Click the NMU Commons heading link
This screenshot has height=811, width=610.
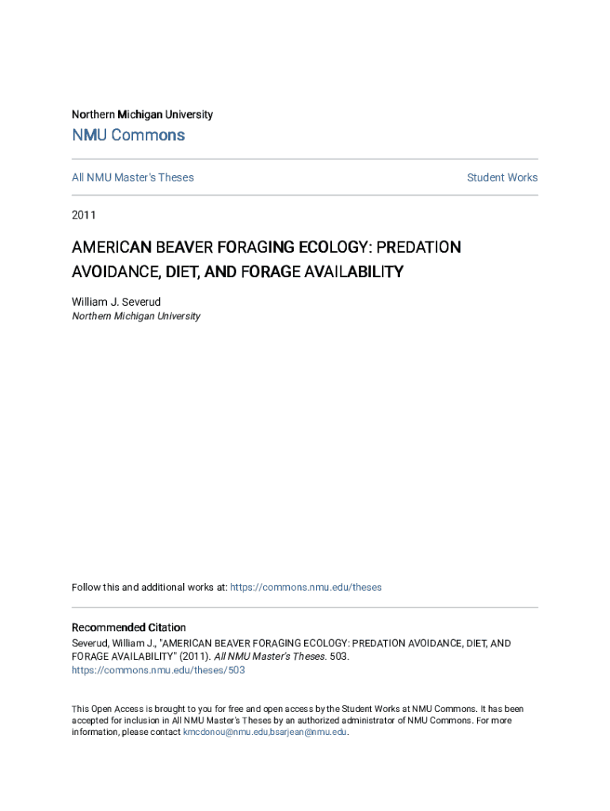(128, 135)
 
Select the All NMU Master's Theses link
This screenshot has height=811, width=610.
(132, 177)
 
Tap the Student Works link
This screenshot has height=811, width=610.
(502, 177)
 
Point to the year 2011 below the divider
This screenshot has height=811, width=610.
(84, 214)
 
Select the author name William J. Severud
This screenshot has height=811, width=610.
(116, 302)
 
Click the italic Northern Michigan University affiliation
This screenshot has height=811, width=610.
(135, 316)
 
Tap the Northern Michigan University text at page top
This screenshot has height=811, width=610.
(142, 115)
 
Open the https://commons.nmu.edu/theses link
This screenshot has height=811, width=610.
(305, 588)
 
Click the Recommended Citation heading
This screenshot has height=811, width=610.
(128, 627)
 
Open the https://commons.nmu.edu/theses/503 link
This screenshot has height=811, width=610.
(158, 670)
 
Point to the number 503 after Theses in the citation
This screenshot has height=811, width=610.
(338, 657)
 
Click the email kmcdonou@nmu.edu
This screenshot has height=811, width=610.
(225, 733)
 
